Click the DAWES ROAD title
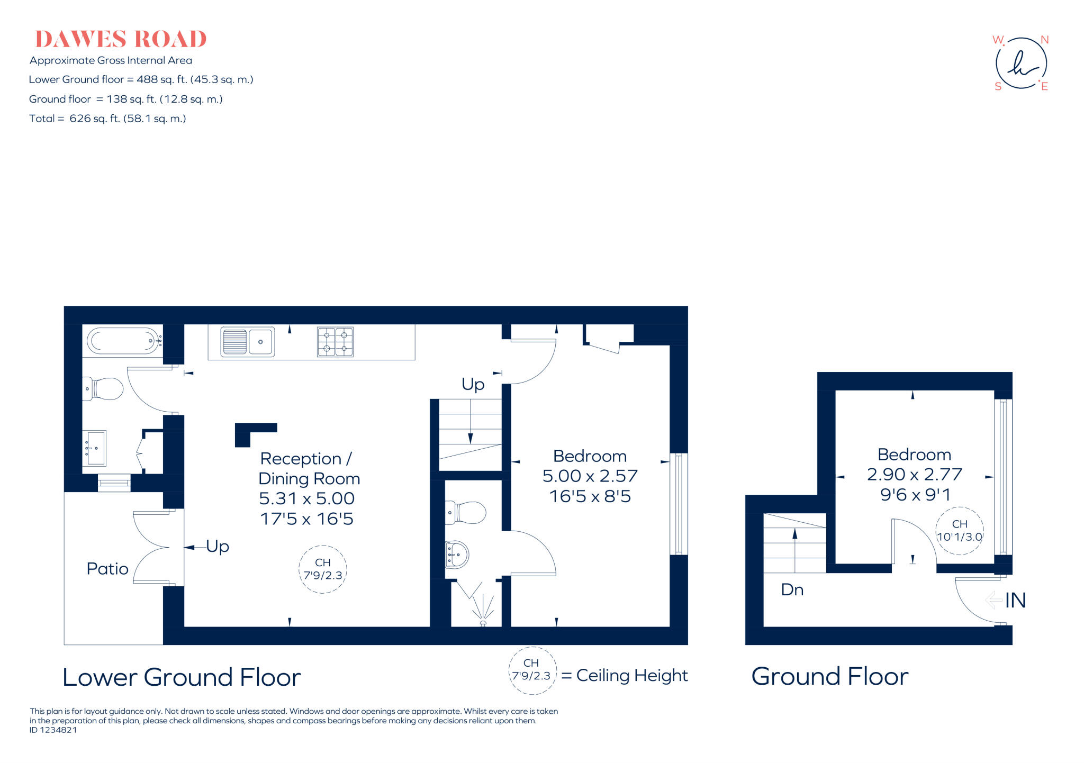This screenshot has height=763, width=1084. coord(121,40)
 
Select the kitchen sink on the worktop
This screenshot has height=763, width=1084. coord(247,342)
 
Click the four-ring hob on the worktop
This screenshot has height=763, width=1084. coord(335,342)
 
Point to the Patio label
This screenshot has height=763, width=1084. coord(107,569)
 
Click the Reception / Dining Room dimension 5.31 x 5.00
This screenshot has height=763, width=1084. coord(306,498)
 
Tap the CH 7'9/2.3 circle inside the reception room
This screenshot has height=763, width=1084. coord(323,569)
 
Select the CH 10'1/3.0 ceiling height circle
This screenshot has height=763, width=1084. coord(960,531)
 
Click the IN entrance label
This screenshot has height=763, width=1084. coord(1015,600)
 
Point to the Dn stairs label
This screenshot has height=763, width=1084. coord(792,589)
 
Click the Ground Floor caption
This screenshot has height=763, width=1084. coord(829,676)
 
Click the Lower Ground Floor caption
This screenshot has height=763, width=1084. coord(182,677)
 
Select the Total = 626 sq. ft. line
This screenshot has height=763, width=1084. coord(107,119)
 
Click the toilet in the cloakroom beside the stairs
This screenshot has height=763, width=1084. coord(467,512)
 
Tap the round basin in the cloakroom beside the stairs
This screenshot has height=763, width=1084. coord(458,554)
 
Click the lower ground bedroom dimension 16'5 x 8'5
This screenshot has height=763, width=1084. coord(590,496)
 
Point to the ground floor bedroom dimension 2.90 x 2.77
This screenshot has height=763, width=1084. coord(914,474)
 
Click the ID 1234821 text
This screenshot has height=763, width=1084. coord(53,730)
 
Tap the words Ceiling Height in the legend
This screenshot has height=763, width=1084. coord(632,676)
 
